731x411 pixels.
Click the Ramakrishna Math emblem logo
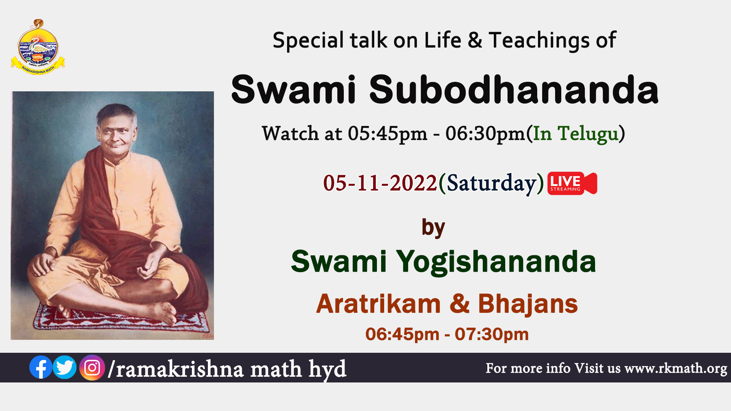[38, 47]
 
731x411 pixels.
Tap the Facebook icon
[41, 367]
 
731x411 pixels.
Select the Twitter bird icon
[65, 367]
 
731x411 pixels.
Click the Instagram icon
[92, 368]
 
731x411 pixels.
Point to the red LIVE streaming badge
[572, 183]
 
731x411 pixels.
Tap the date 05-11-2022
[380, 183]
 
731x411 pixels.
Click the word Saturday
[492, 184]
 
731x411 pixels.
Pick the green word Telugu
[588, 134]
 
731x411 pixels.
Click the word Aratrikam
[378, 304]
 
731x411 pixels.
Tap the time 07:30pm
[492, 335]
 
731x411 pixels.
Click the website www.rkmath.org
[676, 368]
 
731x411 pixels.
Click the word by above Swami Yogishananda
[433, 228]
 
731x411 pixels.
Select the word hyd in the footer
[327, 370]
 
